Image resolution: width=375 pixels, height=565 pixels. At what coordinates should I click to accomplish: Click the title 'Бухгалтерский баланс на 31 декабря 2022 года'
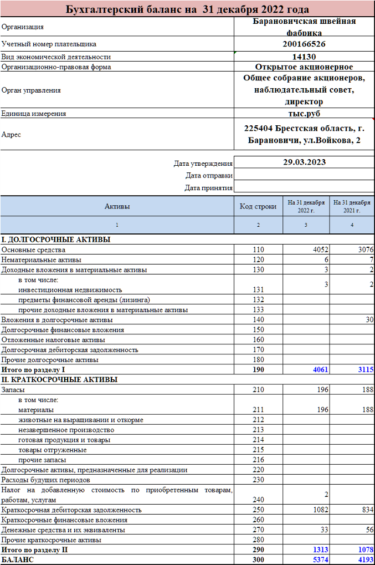click(187, 9)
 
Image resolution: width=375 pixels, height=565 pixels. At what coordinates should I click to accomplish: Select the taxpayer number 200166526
click(304, 44)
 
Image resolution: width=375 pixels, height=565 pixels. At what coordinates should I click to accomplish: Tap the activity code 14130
click(304, 57)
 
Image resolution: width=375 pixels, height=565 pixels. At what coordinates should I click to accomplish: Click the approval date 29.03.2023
click(304, 162)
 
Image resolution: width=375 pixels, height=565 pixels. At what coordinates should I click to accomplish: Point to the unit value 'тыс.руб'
click(304, 113)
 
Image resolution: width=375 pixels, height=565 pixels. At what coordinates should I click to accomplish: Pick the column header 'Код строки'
click(258, 207)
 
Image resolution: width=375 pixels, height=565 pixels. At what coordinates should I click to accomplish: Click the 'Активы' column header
click(117, 207)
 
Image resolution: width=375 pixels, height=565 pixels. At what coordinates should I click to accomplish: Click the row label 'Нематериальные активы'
click(42, 259)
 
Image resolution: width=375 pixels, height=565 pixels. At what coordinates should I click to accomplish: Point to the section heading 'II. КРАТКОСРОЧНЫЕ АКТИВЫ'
click(59, 380)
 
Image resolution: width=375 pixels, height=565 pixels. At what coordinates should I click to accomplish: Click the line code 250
click(258, 510)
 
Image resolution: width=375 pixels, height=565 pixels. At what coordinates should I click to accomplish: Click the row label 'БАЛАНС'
click(18, 560)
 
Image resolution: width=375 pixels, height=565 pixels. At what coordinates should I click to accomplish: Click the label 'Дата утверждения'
click(203, 164)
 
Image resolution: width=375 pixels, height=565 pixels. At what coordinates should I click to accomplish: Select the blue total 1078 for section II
click(364, 550)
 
